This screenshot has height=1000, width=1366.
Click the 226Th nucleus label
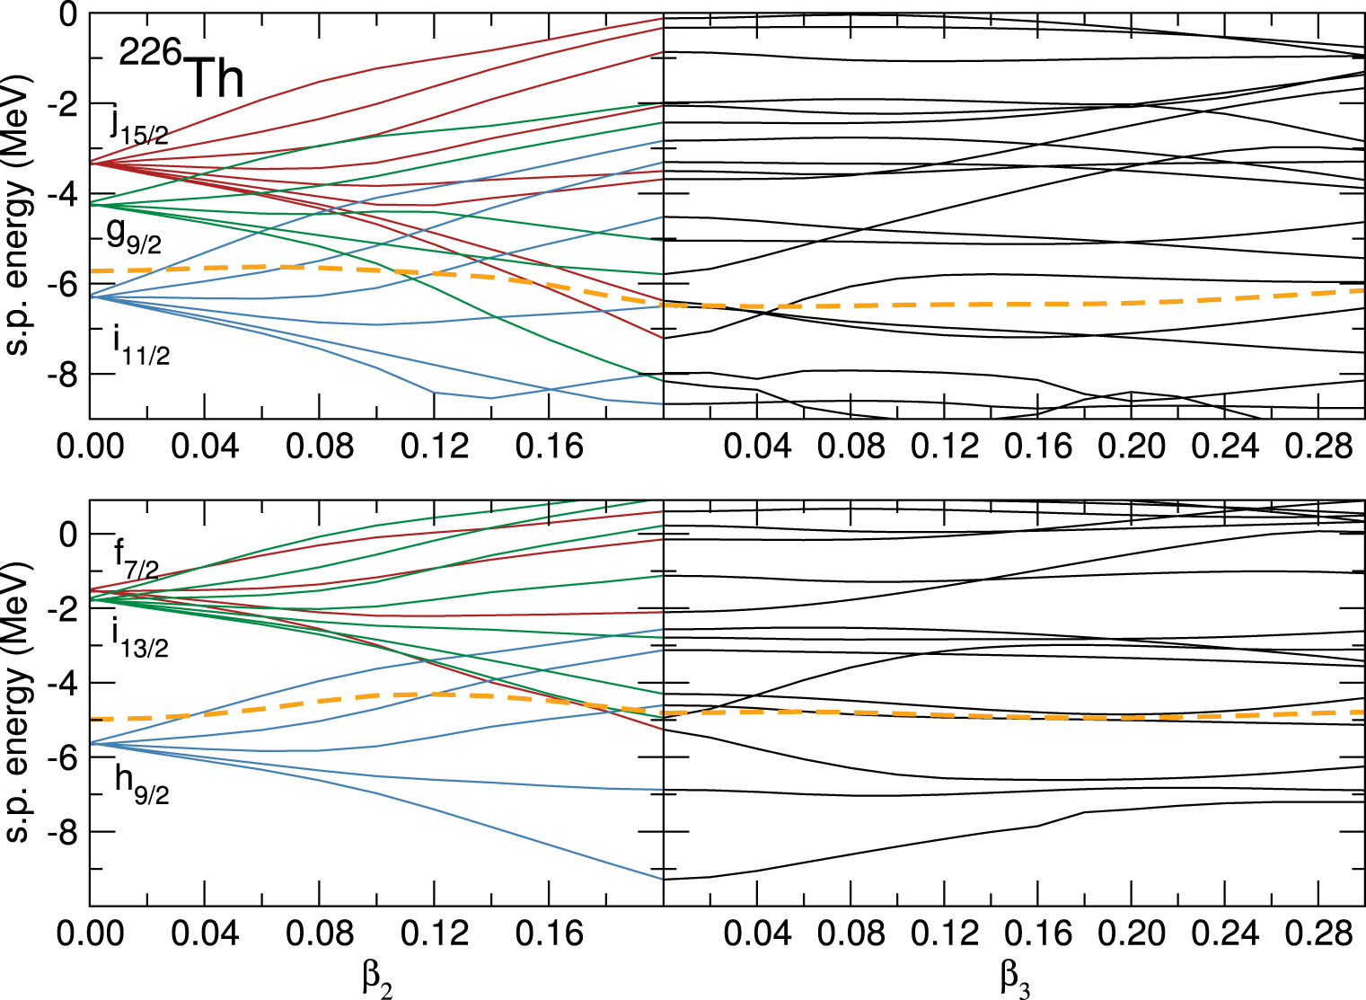pyautogui.click(x=182, y=73)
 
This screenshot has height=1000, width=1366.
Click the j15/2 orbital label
pyautogui.click(x=140, y=125)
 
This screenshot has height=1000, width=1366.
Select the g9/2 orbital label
pyautogui.click(x=134, y=235)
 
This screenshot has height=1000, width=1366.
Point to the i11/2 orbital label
pyautogui.click(x=141, y=348)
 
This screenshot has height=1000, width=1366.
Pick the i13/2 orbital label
pyautogui.click(x=139, y=639)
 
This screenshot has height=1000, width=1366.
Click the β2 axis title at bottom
pyautogui.click(x=377, y=978)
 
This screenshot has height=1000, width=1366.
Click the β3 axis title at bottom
pyautogui.click(x=1015, y=978)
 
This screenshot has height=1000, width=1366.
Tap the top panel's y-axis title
pyautogui.click(x=20, y=216)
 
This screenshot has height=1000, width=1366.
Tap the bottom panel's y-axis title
pyautogui.click(x=20, y=703)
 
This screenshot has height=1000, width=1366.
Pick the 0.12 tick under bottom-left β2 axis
pyautogui.click(x=435, y=934)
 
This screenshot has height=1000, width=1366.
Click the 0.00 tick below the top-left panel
pyautogui.click(x=90, y=446)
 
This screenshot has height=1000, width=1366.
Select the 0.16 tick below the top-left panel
pyautogui.click(x=550, y=446)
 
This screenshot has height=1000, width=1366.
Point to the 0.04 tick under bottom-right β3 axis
pyautogui.click(x=757, y=934)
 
